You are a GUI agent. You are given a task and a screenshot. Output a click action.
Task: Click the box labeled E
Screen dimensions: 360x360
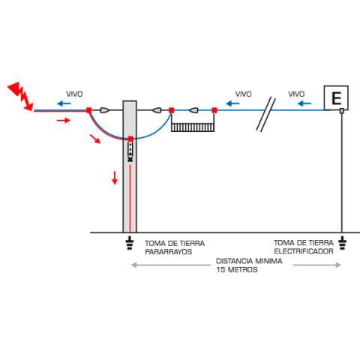click(x=336, y=97)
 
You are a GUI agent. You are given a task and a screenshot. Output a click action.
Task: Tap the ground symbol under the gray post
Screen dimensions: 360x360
click(x=130, y=242)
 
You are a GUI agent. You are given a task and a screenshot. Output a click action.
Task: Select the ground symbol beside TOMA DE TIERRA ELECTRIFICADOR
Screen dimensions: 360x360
click(x=342, y=242)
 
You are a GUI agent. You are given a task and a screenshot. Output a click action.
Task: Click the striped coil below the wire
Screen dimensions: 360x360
click(x=193, y=127)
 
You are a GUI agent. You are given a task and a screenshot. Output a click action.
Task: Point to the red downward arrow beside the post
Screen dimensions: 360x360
click(x=115, y=178)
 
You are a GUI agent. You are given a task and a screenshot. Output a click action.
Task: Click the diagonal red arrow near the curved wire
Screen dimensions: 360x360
click(x=95, y=139)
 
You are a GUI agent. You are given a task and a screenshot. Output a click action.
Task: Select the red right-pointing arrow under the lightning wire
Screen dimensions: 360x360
click(x=64, y=121)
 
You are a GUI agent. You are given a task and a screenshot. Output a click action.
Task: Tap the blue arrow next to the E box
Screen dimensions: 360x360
click(x=304, y=103)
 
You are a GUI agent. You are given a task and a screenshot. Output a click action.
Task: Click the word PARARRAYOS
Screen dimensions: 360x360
click(x=169, y=252)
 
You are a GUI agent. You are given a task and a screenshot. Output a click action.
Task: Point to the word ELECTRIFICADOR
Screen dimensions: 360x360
click(x=304, y=251)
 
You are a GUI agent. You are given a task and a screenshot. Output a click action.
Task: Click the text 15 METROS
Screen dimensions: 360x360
click(x=237, y=269)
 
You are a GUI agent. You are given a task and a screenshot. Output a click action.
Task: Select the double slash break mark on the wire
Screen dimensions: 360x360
click(x=265, y=114)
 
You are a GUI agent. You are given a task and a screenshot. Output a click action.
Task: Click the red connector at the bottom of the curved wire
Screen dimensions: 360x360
click(x=130, y=139)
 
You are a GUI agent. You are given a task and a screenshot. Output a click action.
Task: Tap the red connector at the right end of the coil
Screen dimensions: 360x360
click(x=214, y=110)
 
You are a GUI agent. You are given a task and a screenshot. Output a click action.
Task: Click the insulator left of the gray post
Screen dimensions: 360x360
click(x=104, y=110)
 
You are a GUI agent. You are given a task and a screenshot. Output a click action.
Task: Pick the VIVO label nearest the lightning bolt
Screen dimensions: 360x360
click(x=74, y=94)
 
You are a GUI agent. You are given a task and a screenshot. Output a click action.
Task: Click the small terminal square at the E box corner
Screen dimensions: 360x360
click(x=342, y=110)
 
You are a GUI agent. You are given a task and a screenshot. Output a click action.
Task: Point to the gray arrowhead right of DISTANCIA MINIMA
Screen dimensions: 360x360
click(x=338, y=265)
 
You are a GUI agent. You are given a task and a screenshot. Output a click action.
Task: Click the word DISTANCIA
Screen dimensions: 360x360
click(x=234, y=261)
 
